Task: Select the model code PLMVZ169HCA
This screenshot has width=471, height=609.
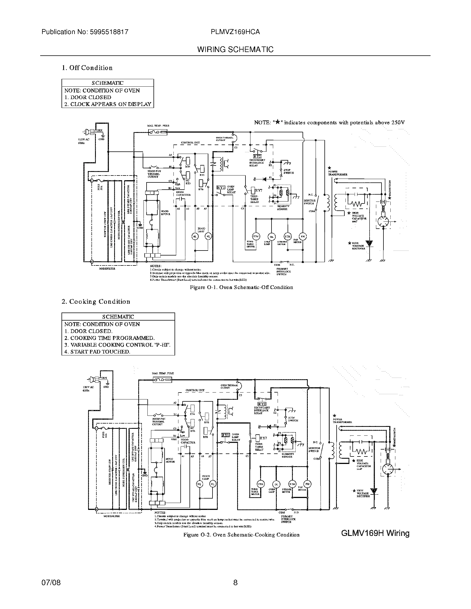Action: click(235, 32)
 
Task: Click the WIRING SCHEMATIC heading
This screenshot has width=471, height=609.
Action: click(235, 49)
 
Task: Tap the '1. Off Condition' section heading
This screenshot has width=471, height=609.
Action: click(87, 68)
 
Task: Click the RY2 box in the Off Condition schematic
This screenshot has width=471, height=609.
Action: click(257, 156)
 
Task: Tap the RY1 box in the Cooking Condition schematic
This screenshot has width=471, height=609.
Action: click(226, 435)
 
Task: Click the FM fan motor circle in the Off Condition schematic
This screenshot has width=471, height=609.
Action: click(303, 236)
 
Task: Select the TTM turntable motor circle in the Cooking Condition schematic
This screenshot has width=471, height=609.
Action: click(261, 484)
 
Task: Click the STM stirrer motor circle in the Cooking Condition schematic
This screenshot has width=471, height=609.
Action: click(292, 484)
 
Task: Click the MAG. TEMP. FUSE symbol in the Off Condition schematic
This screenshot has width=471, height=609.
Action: click(158, 132)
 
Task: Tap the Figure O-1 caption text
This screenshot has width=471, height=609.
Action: click(241, 287)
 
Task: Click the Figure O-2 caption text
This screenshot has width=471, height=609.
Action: click(241, 535)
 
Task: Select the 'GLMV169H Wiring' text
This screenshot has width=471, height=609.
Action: click(375, 533)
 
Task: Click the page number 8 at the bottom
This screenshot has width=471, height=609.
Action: click(235, 582)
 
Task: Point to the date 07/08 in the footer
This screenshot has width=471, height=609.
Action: click(51, 582)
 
